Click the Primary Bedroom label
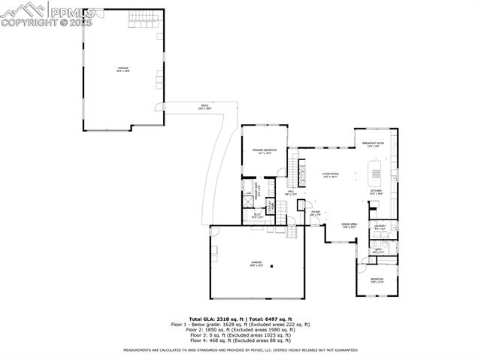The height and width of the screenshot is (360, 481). pos(265,152)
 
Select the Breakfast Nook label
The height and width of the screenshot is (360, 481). pos(374,145)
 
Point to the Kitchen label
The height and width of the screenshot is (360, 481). pos(376,192)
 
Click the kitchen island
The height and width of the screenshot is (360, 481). pos(373,176)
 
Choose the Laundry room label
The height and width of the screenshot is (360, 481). pos(380,226)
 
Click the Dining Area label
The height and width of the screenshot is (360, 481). pos(349,225)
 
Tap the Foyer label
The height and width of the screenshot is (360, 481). pos(316,213)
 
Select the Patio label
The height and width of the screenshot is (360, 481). pos(204,107)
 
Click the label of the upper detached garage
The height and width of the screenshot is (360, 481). pos(123,70)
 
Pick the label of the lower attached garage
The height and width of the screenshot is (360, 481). pos(256,264)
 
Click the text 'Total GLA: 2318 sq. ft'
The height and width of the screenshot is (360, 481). pos(213,319)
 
